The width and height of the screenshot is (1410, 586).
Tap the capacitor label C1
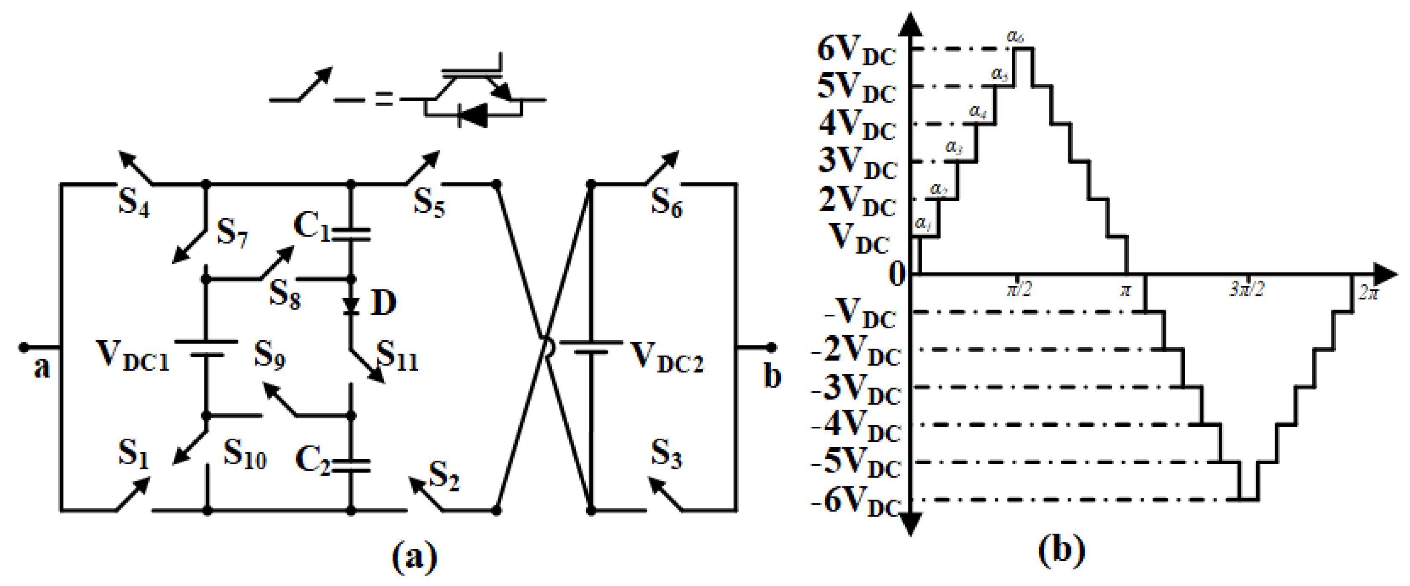pyautogui.click(x=311, y=225)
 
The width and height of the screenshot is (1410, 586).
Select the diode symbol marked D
pyautogui.click(x=351, y=305)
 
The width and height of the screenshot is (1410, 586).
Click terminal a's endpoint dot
pyautogui.click(x=23, y=347)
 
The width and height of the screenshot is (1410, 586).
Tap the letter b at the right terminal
pyautogui.click(x=772, y=377)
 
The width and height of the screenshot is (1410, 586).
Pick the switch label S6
pyautogui.click(x=666, y=203)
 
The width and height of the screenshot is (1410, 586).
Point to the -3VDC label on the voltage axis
pyautogui.click(x=856, y=390)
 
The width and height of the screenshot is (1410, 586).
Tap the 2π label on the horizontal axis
pyautogui.click(x=1368, y=293)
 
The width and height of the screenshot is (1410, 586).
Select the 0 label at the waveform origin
pyautogui.click(x=896, y=275)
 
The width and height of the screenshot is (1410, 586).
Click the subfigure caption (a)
pyautogui.click(x=415, y=557)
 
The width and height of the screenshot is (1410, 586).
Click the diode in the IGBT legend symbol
pyautogui.click(x=472, y=115)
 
